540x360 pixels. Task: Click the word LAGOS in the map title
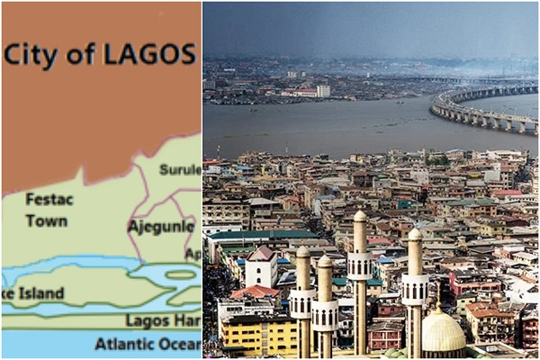click(148, 54)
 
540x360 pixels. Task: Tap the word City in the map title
click(31, 54)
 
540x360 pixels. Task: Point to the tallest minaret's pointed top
click(359, 215)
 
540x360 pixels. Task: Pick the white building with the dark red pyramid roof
click(261, 267)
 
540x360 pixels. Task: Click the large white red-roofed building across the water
click(301, 92)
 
